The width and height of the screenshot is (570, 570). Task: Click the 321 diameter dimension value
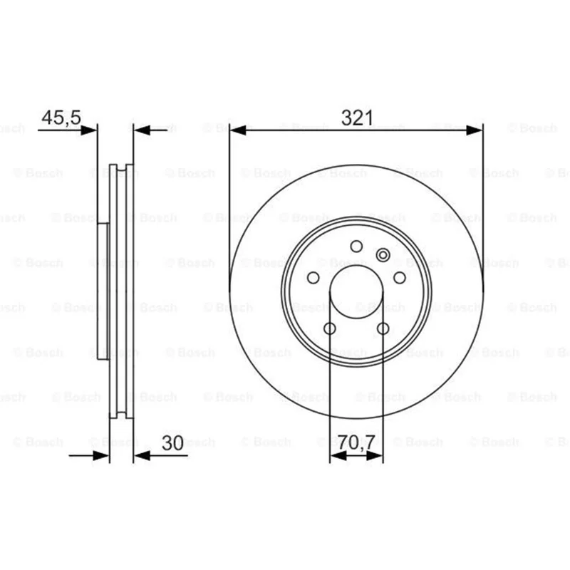pos(357,118)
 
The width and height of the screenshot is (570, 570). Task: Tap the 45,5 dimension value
pos(61,118)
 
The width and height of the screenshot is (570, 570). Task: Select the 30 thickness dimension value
pos(172,442)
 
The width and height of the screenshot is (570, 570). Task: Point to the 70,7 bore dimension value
pos(356,442)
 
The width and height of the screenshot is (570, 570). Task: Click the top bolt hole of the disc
pos(356,247)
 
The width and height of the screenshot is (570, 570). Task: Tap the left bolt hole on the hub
pos(313,278)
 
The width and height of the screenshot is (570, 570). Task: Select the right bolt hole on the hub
pos(400,278)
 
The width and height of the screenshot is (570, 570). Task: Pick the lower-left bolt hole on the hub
pos(330,328)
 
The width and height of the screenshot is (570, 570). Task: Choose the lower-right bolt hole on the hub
pos(383,328)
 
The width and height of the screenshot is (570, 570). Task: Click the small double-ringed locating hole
pos(383,255)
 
